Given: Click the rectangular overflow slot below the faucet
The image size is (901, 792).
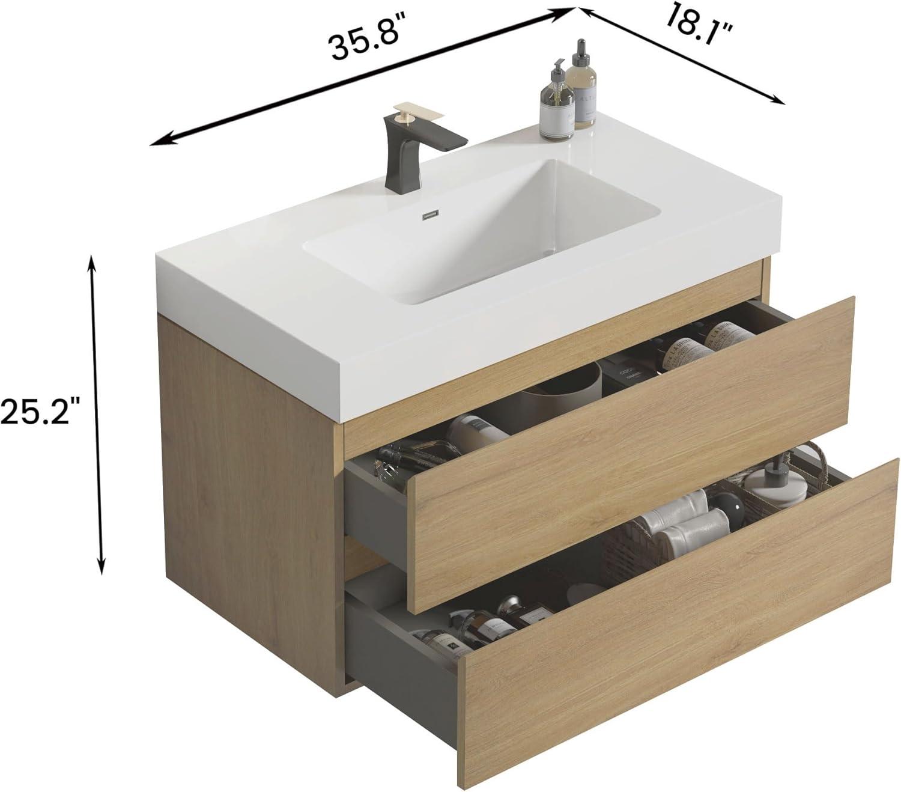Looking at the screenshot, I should point(432,213).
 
